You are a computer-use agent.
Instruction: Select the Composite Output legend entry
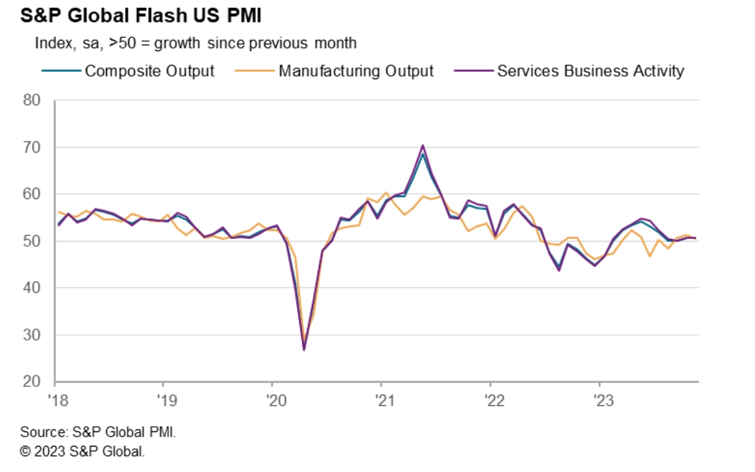coord(149,71)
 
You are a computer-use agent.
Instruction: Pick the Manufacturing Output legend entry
coord(356,71)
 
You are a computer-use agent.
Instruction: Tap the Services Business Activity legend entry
coord(590,71)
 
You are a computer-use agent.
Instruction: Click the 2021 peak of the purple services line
coord(423,145)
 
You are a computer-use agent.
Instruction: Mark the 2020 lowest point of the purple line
coord(304,350)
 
